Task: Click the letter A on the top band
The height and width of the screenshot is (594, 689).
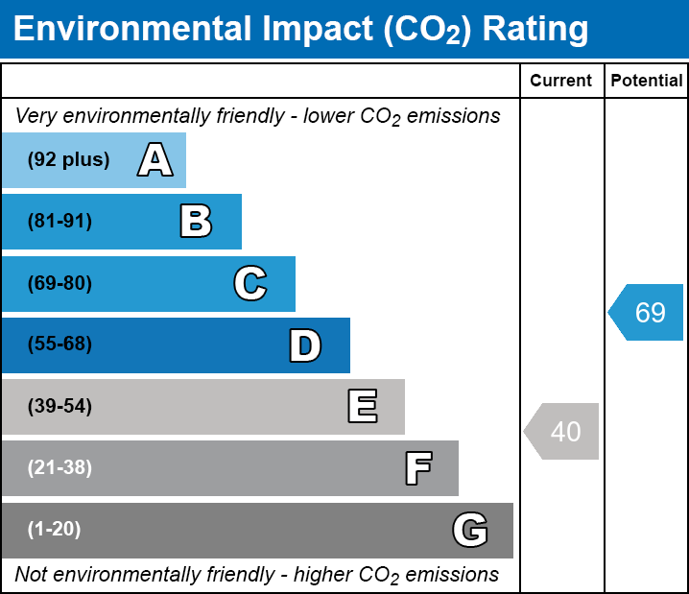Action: click(x=154, y=160)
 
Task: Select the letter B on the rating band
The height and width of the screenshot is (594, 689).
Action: click(x=196, y=222)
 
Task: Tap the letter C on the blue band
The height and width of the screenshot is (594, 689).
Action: click(x=249, y=283)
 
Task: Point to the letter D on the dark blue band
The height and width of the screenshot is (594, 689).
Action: click(x=304, y=345)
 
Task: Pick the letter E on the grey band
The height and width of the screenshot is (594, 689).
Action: click(x=362, y=407)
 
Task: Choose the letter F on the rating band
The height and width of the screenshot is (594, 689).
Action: click(x=417, y=468)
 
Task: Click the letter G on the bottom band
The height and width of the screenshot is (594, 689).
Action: click(x=469, y=530)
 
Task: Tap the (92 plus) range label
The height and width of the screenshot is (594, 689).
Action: click(x=68, y=160)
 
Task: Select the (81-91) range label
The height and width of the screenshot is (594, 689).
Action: click(x=59, y=222)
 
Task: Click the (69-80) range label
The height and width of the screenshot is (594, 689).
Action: click(x=59, y=283)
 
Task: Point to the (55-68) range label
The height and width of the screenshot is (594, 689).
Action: click(x=59, y=345)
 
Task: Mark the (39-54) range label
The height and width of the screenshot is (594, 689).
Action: click(x=59, y=407)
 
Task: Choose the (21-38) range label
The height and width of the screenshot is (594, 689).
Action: click(x=59, y=468)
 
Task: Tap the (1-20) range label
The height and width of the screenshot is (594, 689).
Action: click(x=55, y=530)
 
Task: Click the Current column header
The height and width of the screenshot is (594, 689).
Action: click(x=561, y=82)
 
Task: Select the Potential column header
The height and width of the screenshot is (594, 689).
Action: click(x=647, y=82)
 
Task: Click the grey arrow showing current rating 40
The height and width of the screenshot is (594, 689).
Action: click(x=562, y=431)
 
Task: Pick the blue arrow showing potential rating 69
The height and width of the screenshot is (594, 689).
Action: click(x=647, y=312)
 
